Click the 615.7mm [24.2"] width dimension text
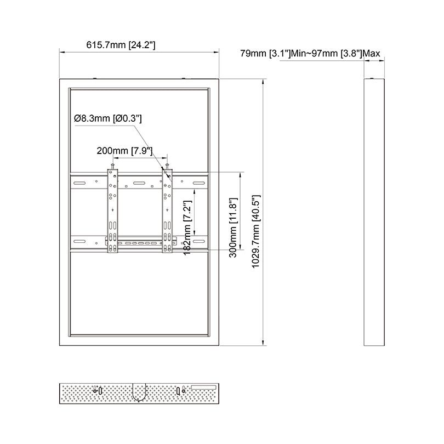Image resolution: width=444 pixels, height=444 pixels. pos(121,45)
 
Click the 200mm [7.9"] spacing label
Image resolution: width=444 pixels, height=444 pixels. pos(124,150)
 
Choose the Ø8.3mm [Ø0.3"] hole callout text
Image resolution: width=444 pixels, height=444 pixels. pos(109,118)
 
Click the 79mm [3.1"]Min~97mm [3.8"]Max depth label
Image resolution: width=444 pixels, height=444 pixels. pos(310,54)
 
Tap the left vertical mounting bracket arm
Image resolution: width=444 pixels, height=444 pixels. pos(112,211)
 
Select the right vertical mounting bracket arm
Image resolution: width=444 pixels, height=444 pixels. pos(167,211)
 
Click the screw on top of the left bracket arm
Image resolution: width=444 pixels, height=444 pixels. pos(112,165)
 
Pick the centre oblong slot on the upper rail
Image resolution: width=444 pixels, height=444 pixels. pos(139,184)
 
